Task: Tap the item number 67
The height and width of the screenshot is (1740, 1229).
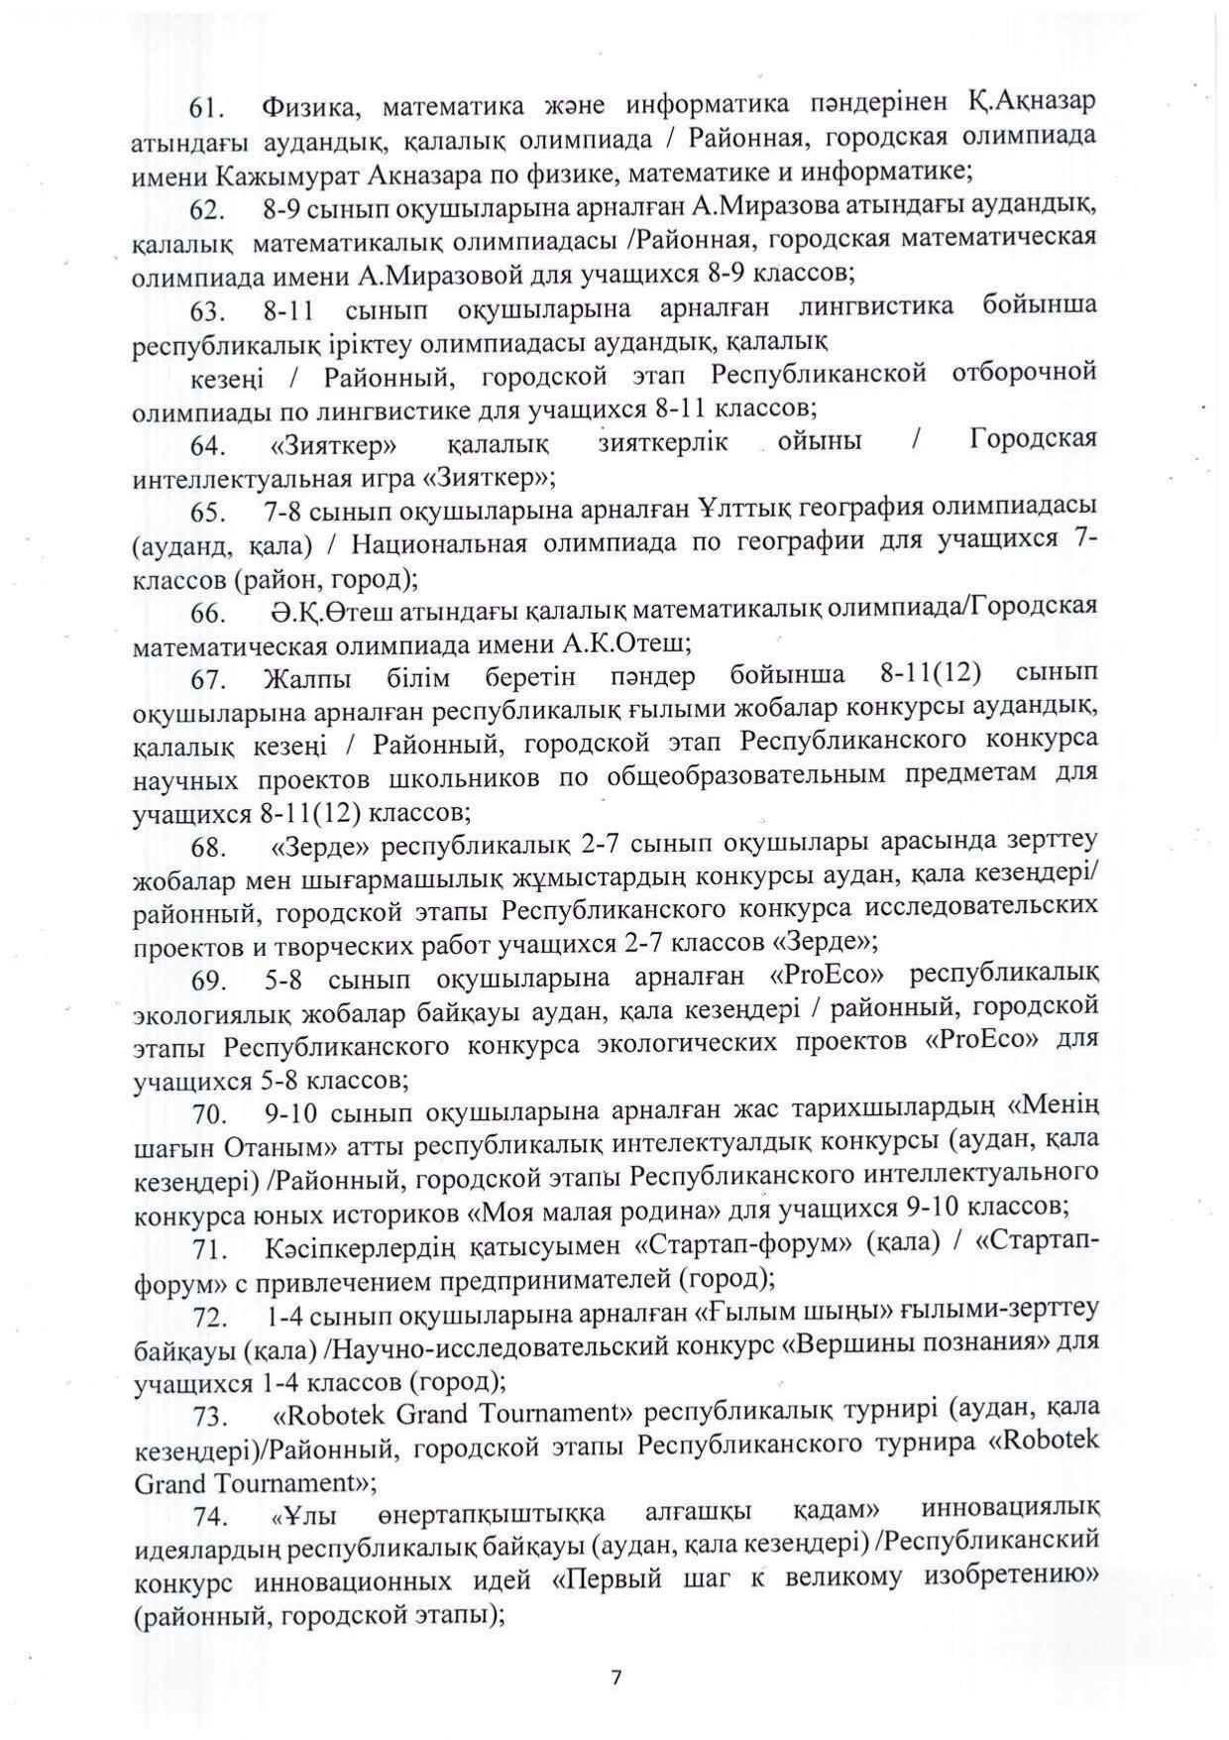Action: [210, 680]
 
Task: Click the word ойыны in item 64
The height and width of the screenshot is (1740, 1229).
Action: [820, 441]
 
